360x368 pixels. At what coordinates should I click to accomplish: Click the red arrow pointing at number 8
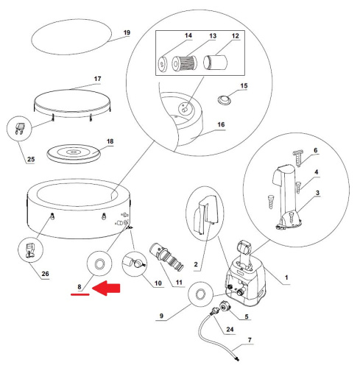pos(106,288)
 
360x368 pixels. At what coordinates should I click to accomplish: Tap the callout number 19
pos(127,32)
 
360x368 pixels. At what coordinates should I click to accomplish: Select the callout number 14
pos(188,35)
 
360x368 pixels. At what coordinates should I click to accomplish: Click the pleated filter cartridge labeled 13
pos(184,63)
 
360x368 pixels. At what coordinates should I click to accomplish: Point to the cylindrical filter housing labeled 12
pos(216,63)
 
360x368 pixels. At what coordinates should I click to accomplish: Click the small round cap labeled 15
pos(225,100)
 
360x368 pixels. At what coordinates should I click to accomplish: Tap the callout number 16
pos(221,124)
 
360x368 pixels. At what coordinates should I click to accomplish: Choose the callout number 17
pos(97,79)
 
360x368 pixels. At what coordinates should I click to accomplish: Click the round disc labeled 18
pos(74,154)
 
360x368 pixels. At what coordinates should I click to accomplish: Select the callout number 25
pos(31,159)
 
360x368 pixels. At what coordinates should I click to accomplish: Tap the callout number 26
pos(45,274)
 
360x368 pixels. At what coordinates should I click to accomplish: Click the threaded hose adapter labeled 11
pos(166,256)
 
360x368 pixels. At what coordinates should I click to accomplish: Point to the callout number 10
pos(158,283)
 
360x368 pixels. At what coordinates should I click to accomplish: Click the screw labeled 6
pos(298,158)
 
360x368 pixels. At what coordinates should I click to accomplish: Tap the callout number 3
pos(317,193)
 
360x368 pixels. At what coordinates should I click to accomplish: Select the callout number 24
pos(230,329)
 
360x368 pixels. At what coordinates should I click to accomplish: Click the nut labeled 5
pos(225,306)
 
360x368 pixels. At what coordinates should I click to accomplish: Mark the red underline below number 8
pos(80,294)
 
